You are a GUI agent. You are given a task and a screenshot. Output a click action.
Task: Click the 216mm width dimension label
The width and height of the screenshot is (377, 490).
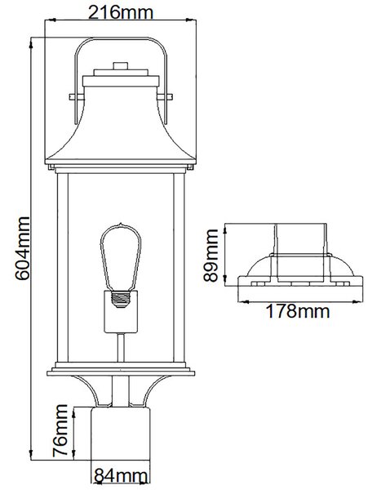click(121, 12)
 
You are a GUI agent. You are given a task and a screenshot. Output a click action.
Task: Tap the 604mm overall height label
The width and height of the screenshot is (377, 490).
click(23, 248)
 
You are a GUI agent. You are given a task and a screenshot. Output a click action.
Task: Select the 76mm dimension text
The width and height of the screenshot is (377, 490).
click(60, 430)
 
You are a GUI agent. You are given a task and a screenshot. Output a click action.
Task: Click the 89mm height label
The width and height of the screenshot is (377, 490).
click(211, 256)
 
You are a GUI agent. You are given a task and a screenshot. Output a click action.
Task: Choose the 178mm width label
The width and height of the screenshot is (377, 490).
click(298, 311)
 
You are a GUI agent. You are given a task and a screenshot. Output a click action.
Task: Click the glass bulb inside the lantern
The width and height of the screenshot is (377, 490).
click(121, 257)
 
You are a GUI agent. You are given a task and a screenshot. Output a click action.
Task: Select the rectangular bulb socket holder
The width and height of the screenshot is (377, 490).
click(121, 312)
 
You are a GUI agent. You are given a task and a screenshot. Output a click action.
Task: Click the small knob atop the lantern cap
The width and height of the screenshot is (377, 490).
click(121, 65)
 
